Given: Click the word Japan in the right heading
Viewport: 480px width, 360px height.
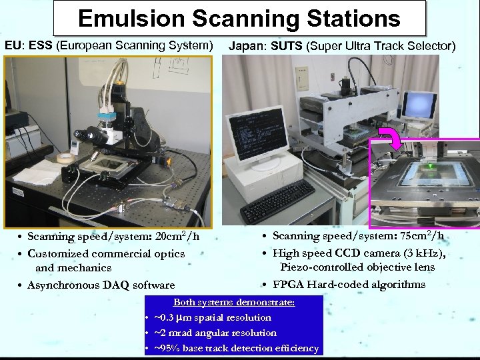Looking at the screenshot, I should [244, 47].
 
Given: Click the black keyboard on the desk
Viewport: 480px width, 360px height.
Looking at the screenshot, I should [277, 201].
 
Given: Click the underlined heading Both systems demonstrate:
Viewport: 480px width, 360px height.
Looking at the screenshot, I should [233, 302].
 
